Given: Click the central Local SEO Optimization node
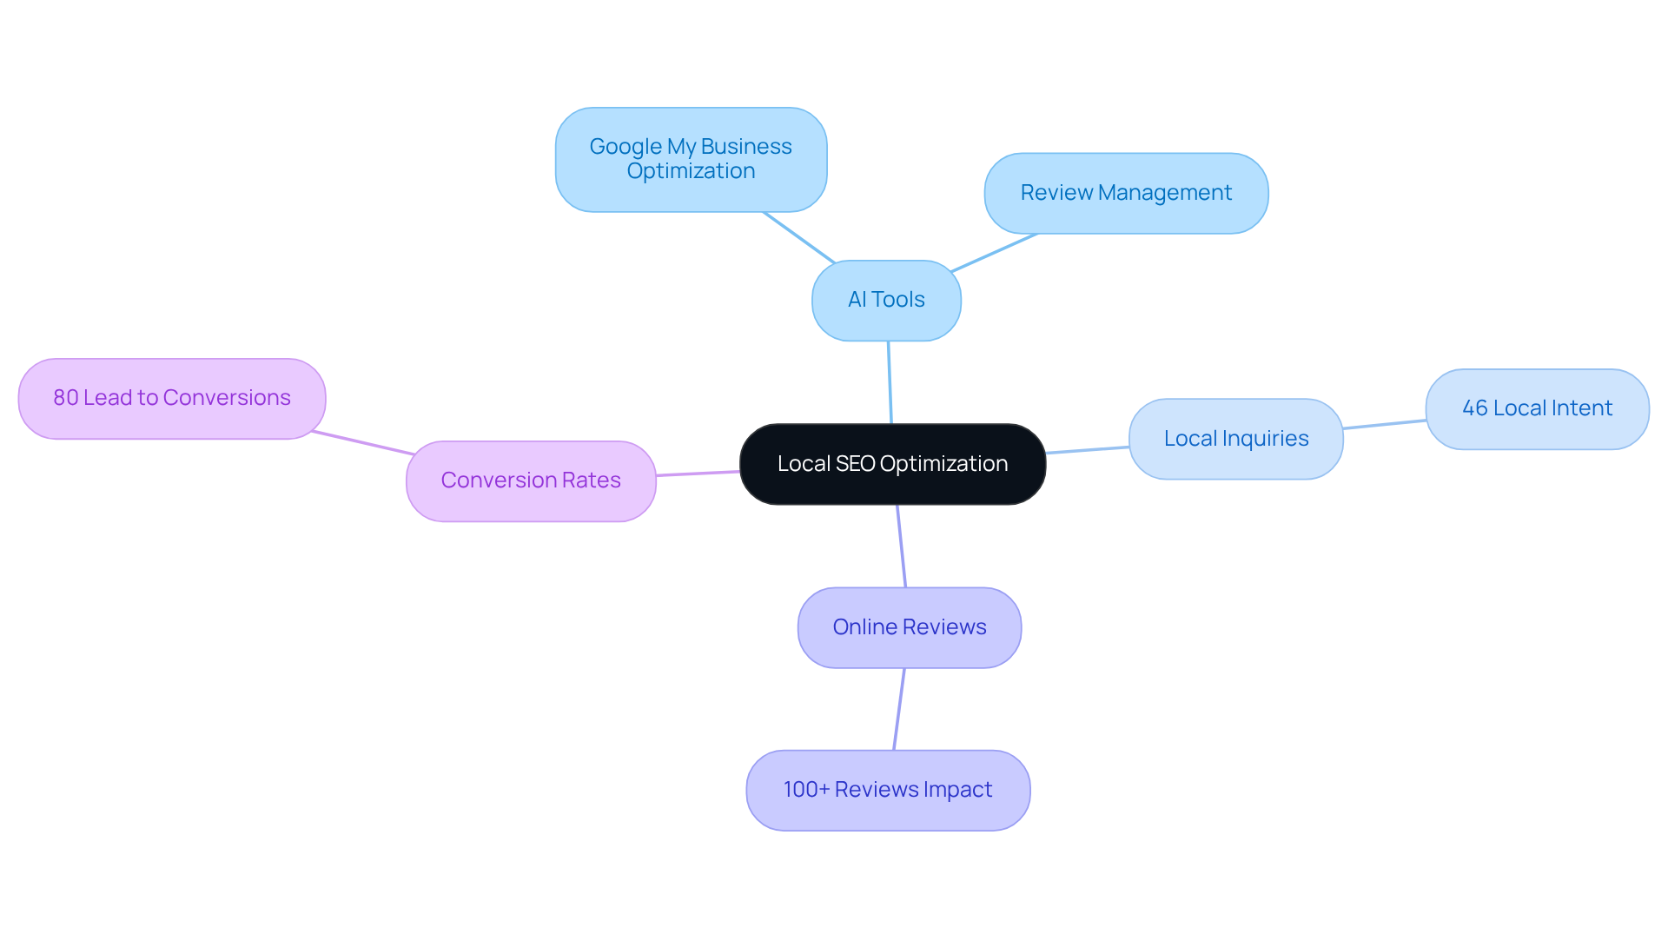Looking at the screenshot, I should tap(892, 464).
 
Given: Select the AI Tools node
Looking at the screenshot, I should tap(886, 300).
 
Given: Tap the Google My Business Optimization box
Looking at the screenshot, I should tap(691, 159).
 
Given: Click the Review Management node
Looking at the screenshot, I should tap(1126, 193).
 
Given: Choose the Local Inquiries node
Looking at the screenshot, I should tap(1235, 439).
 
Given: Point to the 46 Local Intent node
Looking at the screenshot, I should tap(1537, 408).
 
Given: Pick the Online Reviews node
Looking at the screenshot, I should tap(909, 627).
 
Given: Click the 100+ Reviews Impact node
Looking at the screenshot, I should tap(888, 790).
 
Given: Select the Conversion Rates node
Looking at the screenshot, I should tap(531, 480).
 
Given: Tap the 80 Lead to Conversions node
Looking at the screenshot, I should tap(172, 398).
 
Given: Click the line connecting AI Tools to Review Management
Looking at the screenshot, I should tap(995, 253).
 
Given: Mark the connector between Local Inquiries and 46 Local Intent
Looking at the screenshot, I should tap(1385, 424).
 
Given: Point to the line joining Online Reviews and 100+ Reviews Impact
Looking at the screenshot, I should tap(899, 709).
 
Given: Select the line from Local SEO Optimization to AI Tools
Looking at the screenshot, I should tap(890, 382).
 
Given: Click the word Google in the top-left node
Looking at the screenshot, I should tap(625, 147).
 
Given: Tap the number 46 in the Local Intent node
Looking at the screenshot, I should tap(1474, 408).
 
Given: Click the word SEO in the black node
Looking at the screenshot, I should tap(855, 464).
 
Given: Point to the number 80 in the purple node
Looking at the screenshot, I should tap(65, 398).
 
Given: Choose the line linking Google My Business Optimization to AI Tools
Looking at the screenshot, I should tap(799, 237).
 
